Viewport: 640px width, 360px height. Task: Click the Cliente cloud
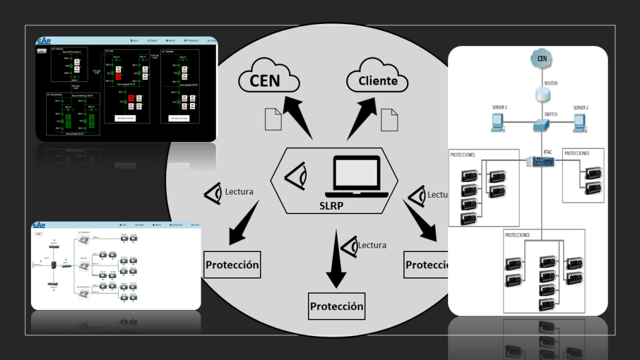point(377,81)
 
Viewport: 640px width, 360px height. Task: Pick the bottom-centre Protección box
point(337,306)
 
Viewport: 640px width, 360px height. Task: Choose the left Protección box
point(232,265)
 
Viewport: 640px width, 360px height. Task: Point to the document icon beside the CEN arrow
point(273,119)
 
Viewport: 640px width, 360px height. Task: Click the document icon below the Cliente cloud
point(389,120)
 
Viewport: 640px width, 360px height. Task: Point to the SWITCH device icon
point(542,125)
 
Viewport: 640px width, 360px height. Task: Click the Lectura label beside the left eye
point(239,191)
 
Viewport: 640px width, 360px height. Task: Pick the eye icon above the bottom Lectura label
point(348,246)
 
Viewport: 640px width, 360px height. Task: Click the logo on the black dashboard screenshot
point(44,41)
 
